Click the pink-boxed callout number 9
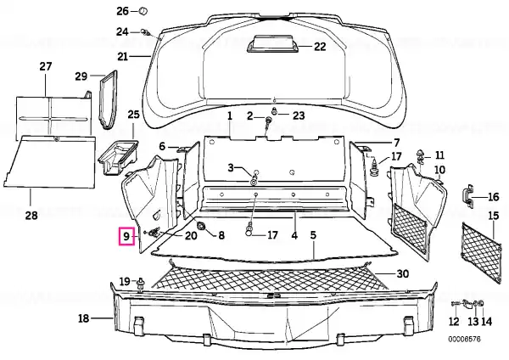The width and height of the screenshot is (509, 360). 126,236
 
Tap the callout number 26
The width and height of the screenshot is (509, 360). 123,11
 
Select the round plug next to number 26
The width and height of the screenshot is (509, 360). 143,11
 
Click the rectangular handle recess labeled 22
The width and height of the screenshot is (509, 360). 272,44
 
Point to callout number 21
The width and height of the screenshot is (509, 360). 123,57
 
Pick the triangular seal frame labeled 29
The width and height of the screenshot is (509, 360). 109,99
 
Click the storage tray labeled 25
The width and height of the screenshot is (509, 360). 118,156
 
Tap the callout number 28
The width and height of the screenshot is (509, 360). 31,216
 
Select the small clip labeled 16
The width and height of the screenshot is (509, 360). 467,196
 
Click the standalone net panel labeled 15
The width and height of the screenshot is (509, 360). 481,252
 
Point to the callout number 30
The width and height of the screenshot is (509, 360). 402,274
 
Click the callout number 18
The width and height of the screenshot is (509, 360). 83,318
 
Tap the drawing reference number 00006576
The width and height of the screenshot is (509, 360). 465,340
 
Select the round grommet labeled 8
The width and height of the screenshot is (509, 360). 202,225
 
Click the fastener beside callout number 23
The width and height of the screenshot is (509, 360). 275,110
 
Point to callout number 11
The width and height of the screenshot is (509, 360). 439,155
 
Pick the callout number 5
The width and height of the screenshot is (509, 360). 313,235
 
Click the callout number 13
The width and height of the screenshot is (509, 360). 473,321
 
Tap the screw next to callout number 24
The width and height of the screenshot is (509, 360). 145,32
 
